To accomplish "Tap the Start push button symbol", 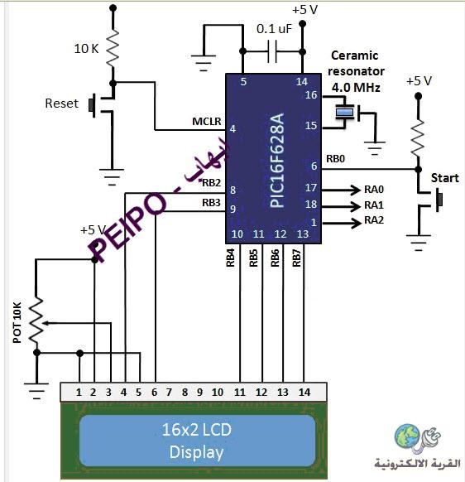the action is pyautogui.click(x=430, y=200).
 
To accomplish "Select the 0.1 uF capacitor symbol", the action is pyautogui.click(x=272, y=51).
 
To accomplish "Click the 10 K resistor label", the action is pyautogui.click(x=86, y=49).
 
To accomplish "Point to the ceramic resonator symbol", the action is pyautogui.click(x=344, y=112).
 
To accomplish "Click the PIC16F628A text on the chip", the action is pyautogui.click(x=277, y=160).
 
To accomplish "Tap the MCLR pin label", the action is pyautogui.click(x=206, y=121).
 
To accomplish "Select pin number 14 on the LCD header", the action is pyautogui.click(x=304, y=393).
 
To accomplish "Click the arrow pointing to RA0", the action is pyautogui.click(x=341, y=190).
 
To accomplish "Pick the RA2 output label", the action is pyautogui.click(x=374, y=220).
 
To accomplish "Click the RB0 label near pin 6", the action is pyautogui.click(x=335, y=159).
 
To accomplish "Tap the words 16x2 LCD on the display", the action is pyautogui.click(x=196, y=430).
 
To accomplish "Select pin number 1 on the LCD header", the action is pyautogui.click(x=79, y=393).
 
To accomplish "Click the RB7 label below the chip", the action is pyautogui.click(x=296, y=258).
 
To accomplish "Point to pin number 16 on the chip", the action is pyautogui.click(x=311, y=94).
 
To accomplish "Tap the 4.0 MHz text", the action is pyautogui.click(x=356, y=88).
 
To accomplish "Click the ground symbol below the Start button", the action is pyautogui.click(x=419, y=243).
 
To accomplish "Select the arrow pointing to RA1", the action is pyautogui.click(x=341, y=206).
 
